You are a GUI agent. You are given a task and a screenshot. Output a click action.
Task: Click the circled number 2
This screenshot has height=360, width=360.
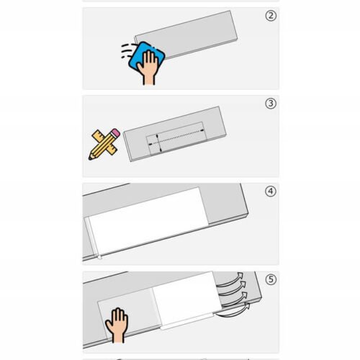(x=271, y=16)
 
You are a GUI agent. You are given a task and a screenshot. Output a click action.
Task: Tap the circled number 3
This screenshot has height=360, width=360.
(x=271, y=104)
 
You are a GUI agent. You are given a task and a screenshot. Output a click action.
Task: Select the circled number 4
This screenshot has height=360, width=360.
(x=271, y=192)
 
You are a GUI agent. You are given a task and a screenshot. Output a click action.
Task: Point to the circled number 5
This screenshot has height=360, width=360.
(x=271, y=279)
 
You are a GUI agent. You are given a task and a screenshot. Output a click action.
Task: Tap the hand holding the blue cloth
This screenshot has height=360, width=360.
(x=148, y=68)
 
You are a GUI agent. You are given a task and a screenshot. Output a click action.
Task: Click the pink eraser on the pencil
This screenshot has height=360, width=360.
(x=115, y=133)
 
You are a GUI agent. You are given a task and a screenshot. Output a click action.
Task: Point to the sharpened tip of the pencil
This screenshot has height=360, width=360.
(x=90, y=158)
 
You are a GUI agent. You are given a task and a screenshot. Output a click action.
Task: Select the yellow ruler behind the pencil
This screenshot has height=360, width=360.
(x=105, y=142)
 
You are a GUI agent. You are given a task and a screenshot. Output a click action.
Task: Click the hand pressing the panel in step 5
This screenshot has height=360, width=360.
(x=117, y=325)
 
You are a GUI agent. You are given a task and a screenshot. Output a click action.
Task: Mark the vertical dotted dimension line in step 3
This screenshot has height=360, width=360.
(x=158, y=143)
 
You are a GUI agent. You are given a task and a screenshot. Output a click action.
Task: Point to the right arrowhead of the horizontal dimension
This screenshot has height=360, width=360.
(x=202, y=130)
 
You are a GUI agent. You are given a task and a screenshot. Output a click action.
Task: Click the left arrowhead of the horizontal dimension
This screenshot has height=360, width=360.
(x=150, y=144)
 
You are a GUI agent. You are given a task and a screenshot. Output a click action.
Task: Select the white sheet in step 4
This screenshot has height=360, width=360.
(x=148, y=220)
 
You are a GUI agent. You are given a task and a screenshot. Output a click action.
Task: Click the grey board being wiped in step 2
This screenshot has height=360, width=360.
(x=186, y=35)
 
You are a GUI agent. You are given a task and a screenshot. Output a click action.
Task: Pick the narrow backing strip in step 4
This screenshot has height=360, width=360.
(x=93, y=238)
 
